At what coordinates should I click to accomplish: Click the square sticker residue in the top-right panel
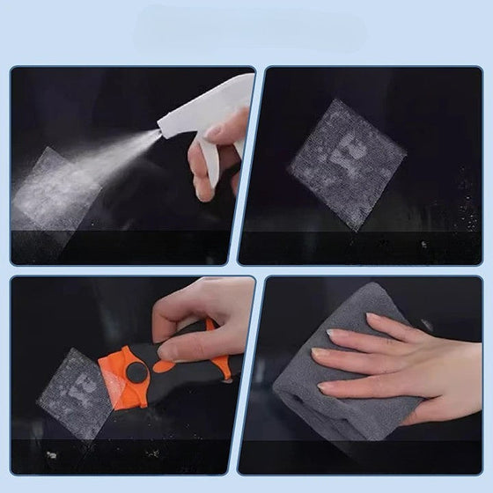pos(347,164)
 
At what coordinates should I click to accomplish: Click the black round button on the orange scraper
pos(136,372)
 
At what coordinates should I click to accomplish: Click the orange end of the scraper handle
pos(224,365)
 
